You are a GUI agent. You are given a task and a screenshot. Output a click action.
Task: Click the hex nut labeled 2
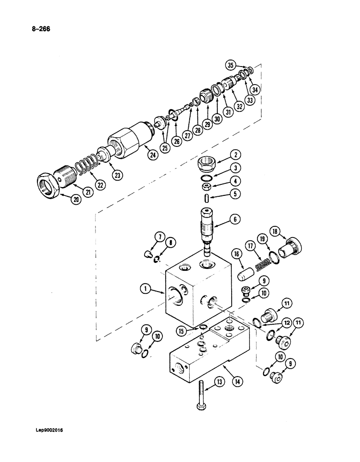pyautogui.click(x=207, y=164)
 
